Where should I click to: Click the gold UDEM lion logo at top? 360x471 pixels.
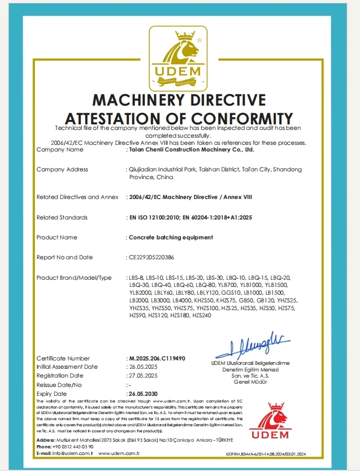(x=180, y=61)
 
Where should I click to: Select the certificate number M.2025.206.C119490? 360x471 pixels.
(x=156, y=358)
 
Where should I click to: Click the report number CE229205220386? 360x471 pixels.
(x=151, y=258)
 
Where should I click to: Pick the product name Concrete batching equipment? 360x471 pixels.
(x=170, y=237)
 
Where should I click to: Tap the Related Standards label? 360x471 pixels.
(x=62, y=217)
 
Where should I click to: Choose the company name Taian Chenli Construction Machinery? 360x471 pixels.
(x=191, y=149)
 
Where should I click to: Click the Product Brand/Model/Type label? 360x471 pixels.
(x=74, y=278)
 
